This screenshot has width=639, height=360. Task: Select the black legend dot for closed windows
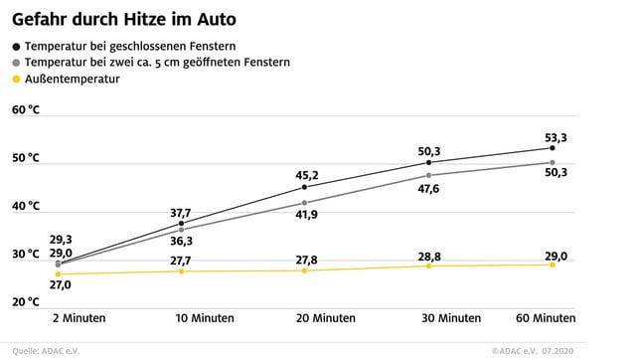pos(16,46)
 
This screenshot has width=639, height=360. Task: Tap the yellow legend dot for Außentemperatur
pos(16,79)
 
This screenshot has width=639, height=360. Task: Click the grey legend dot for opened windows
pos(16,62)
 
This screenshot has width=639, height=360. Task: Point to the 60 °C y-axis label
pos(26,109)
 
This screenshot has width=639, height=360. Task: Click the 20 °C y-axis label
pos(26,302)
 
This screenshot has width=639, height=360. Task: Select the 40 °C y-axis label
pos(26,206)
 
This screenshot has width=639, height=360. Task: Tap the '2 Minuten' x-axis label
pos(79,318)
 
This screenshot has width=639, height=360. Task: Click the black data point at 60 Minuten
pos(553,147)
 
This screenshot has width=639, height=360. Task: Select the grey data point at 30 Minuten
pos(428,175)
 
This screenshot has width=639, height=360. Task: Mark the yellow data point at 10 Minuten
pos(181,270)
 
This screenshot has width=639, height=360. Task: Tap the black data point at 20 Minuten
pos(304,187)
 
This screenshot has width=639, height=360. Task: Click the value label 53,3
pos(555,136)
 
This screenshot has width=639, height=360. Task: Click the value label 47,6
pos(428,188)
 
